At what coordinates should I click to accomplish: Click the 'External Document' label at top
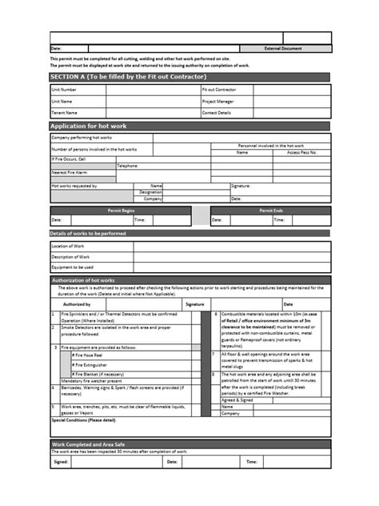pos(284,49)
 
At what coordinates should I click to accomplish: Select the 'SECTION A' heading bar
pos(128,76)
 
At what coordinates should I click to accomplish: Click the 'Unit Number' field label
pos(65,90)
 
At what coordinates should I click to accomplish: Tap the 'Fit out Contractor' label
pos(220,90)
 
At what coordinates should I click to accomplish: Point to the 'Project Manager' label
pos(218,102)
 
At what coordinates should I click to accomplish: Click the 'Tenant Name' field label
pos(65,113)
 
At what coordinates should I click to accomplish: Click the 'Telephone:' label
pos(128,166)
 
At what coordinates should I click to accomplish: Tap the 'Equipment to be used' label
pos(73,267)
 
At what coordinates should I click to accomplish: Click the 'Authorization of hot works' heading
pos(83,281)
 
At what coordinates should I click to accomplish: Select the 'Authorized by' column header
pos(77,305)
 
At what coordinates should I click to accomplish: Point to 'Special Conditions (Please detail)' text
pos(83,420)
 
